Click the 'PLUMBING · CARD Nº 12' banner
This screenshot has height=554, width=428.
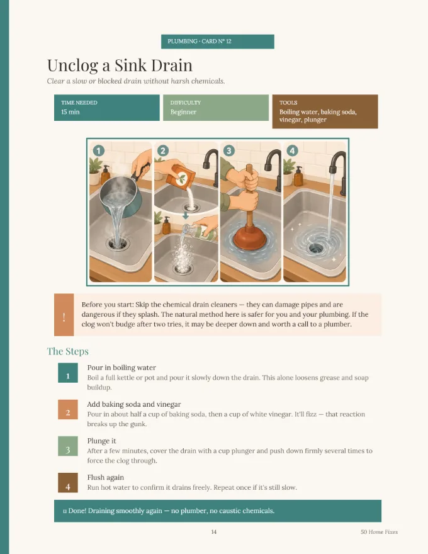tap(218, 42)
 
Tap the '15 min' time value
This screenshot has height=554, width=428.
tap(70, 112)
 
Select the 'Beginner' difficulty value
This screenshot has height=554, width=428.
tap(183, 112)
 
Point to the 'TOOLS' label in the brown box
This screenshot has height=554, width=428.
tap(288, 103)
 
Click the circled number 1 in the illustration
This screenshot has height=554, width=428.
tap(99, 151)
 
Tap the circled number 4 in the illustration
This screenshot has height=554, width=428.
tap(292, 151)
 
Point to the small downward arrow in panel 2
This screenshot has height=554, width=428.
tap(186, 215)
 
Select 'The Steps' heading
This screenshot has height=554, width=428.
tap(68, 351)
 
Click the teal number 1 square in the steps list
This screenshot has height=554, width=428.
tap(68, 373)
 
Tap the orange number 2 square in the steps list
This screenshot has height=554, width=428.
tap(68, 409)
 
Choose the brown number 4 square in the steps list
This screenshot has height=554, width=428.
tap(68, 483)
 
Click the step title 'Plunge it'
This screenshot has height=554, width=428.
tap(102, 441)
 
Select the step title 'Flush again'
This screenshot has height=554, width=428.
tap(106, 477)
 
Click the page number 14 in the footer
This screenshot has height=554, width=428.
tap(213, 532)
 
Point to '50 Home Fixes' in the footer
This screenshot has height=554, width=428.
tap(380, 532)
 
